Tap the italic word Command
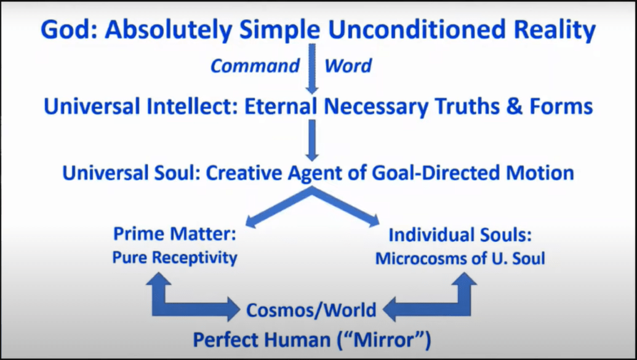pos(255,66)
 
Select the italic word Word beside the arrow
pos(348,66)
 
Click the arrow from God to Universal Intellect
pos(312,69)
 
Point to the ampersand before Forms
pos(514,106)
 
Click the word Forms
pos(561,106)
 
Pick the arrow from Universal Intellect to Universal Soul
pos(312,140)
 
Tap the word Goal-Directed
pos(436,173)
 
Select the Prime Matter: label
pos(175,234)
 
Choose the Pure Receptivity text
pos(175,258)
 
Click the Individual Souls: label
pos(460,235)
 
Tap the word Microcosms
pos(425,259)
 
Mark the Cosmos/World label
pos(311,310)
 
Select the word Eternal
pos(280,106)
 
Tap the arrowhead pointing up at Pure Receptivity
pos(158,279)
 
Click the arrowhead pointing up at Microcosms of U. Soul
pos(464,279)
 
